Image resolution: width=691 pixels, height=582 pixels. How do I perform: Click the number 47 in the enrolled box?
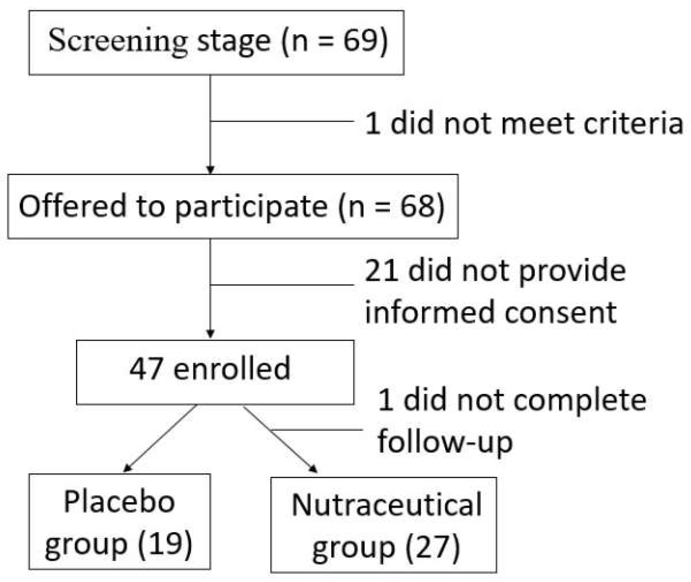(x=146, y=368)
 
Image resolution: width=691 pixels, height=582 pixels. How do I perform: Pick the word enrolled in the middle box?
(x=232, y=368)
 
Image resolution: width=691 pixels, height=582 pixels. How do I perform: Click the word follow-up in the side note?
(x=445, y=442)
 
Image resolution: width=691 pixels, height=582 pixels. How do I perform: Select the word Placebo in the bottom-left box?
(x=119, y=502)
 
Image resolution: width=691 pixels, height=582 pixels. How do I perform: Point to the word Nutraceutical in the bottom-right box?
(x=386, y=505)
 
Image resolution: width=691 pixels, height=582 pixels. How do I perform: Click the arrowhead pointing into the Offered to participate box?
(x=210, y=170)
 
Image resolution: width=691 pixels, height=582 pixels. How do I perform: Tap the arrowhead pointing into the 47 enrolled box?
(x=210, y=334)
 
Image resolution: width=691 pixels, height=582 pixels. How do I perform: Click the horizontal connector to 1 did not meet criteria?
(x=282, y=121)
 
